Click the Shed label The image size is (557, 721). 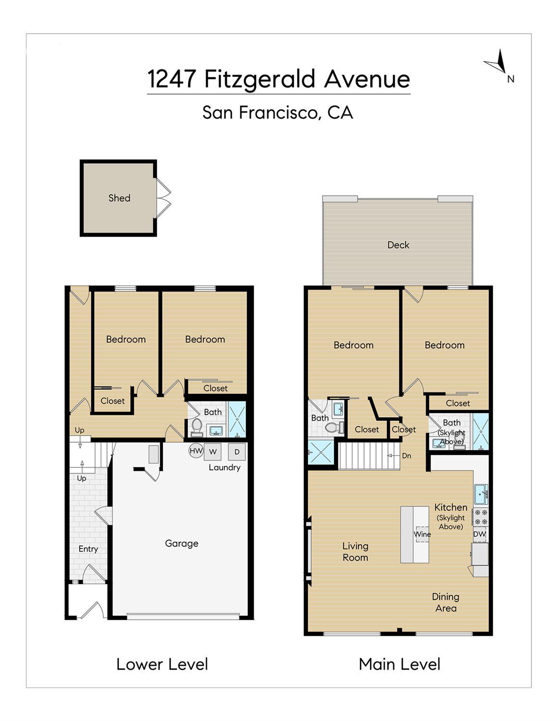point(119,198)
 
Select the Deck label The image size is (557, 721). point(398,245)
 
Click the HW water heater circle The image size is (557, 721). point(196,451)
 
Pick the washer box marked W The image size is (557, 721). point(212,452)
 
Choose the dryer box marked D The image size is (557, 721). point(237,452)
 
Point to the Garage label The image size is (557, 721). point(182,544)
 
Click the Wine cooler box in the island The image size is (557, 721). point(423,534)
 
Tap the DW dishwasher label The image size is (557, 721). point(480,534)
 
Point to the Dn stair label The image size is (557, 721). point(407,456)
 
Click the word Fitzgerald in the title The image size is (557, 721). point(260,80)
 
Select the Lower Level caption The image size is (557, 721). point(162,664)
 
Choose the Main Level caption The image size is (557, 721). point(399,664)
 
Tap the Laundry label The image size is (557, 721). point(224,468)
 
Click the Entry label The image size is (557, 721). point(88,549)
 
